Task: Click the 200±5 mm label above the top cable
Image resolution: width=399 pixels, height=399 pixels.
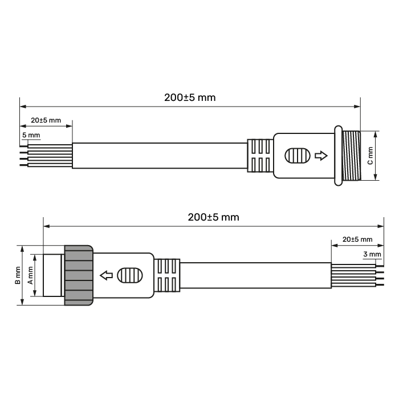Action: click(190, 97)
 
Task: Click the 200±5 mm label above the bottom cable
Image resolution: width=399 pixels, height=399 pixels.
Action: click(214, 217)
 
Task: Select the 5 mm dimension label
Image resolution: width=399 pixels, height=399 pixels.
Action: click(31, 135)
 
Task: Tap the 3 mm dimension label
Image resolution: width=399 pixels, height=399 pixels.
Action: click(372, 254)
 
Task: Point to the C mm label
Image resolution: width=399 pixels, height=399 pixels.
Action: click(370, 156)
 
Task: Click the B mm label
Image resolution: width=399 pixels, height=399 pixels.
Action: click(18, 275)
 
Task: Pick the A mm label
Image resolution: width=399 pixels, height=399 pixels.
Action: click(30, 275)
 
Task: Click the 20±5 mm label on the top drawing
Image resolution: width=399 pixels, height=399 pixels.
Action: click(46, 120)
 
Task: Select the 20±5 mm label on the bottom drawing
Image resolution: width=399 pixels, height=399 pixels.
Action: click(357, 239)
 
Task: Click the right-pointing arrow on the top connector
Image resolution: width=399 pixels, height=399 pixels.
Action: click(321, 156)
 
